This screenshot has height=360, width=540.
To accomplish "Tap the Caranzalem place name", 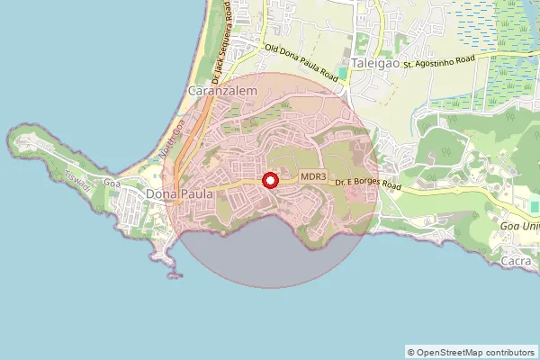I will click(222, 92).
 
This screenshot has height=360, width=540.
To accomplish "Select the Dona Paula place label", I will click(179, 193).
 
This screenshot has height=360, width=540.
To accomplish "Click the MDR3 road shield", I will click(313, 177).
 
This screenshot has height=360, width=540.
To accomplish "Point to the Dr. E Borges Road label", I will click(367, 184).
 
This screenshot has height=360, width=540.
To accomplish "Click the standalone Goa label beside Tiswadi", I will click(112, 183).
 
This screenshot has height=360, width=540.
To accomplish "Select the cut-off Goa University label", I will click(519, 225).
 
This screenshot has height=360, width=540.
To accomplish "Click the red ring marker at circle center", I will click(270, 181).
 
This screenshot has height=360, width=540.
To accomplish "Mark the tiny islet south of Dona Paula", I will click(174, 274).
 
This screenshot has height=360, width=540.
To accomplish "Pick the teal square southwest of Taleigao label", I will click(342, 72).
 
